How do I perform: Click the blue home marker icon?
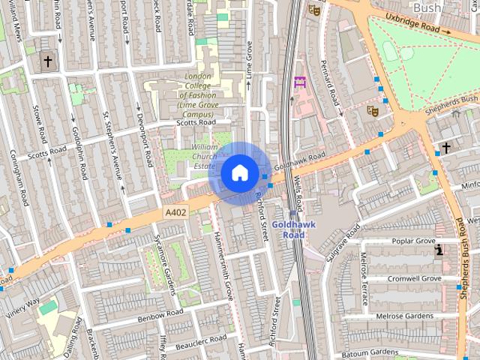click(x=239, y=173)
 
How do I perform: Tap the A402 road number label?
click(x=175, y=213)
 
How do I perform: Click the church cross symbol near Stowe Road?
click(x=48, y=61)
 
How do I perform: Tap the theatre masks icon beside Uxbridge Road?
click(x=314, y=10)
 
